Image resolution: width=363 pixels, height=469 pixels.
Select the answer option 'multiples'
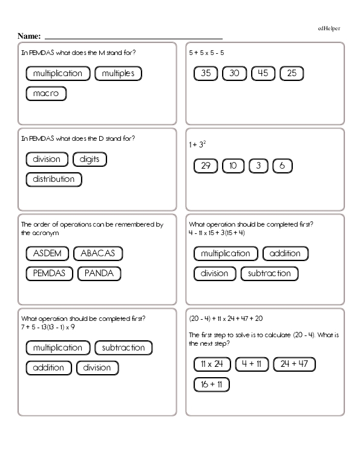[119, 74]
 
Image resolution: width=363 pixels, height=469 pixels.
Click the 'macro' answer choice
[46, 94]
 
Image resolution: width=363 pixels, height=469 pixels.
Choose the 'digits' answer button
[90, 160]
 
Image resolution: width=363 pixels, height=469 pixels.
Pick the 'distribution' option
[54, 180]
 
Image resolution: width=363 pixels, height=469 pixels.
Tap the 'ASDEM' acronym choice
[45, 253]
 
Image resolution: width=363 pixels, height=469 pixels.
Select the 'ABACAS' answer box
[97, 253]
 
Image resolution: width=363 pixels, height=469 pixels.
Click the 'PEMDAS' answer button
[50, 273]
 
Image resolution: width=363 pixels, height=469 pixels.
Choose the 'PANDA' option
[100, 273]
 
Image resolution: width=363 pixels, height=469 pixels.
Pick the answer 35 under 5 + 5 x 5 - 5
[206, 74]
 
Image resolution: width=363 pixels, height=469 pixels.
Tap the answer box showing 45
[263, 74]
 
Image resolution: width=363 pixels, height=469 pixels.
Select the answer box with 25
[292, 74]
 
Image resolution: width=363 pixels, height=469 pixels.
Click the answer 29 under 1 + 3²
[206, 166]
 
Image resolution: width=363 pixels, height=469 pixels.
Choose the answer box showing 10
[234, 166]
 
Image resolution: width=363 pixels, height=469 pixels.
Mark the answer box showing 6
[283, 166]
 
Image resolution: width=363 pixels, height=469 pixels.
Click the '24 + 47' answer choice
[295, 364]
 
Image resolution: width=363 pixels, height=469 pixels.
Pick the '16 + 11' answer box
[212, 384]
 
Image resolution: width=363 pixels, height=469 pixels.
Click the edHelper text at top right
[329, 28]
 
